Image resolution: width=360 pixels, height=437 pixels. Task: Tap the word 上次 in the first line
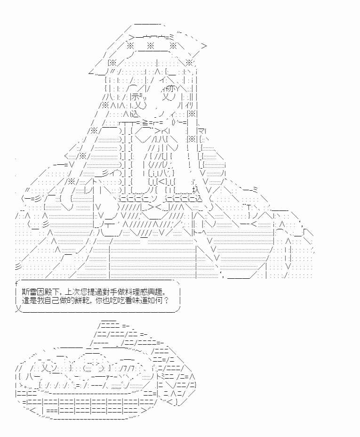(x=72, y=292)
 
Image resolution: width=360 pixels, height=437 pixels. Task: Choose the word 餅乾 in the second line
(x=83, y=300)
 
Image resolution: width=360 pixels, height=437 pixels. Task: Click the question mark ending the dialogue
(x=167, y=300)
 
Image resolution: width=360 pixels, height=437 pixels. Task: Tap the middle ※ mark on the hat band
(x=150, y=45)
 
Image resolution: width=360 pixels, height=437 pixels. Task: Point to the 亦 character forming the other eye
(x=171, y=89)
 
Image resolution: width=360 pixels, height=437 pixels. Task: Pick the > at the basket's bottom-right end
(x=144, y=410)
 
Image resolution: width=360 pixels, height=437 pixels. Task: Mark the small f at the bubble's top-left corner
(x=16, y=283)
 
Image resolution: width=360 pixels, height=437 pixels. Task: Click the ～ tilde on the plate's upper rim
(x=140, y=350)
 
